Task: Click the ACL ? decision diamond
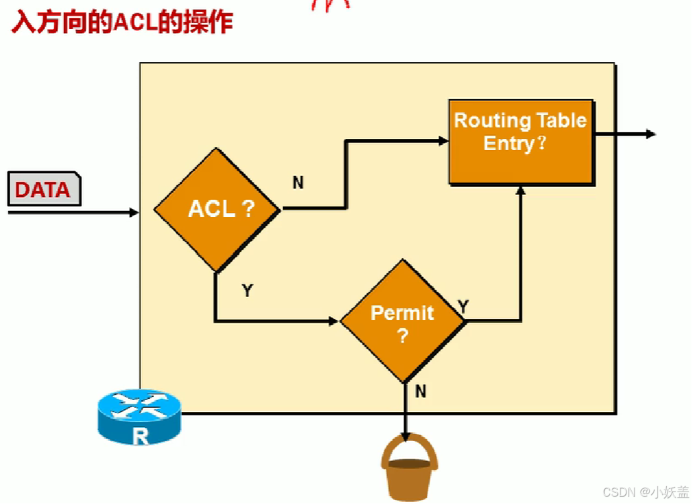217,209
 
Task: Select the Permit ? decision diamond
402,321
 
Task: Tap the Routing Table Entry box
521,142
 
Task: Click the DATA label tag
43,190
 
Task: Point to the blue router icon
138,417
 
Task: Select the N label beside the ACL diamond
298,183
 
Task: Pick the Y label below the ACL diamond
247,290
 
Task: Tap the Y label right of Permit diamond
464,306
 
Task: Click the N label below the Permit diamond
421,391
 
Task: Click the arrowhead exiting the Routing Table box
651,134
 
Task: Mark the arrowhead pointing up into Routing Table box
521,191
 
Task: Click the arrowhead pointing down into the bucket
405,438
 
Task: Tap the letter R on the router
140,436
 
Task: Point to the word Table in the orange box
561,120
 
